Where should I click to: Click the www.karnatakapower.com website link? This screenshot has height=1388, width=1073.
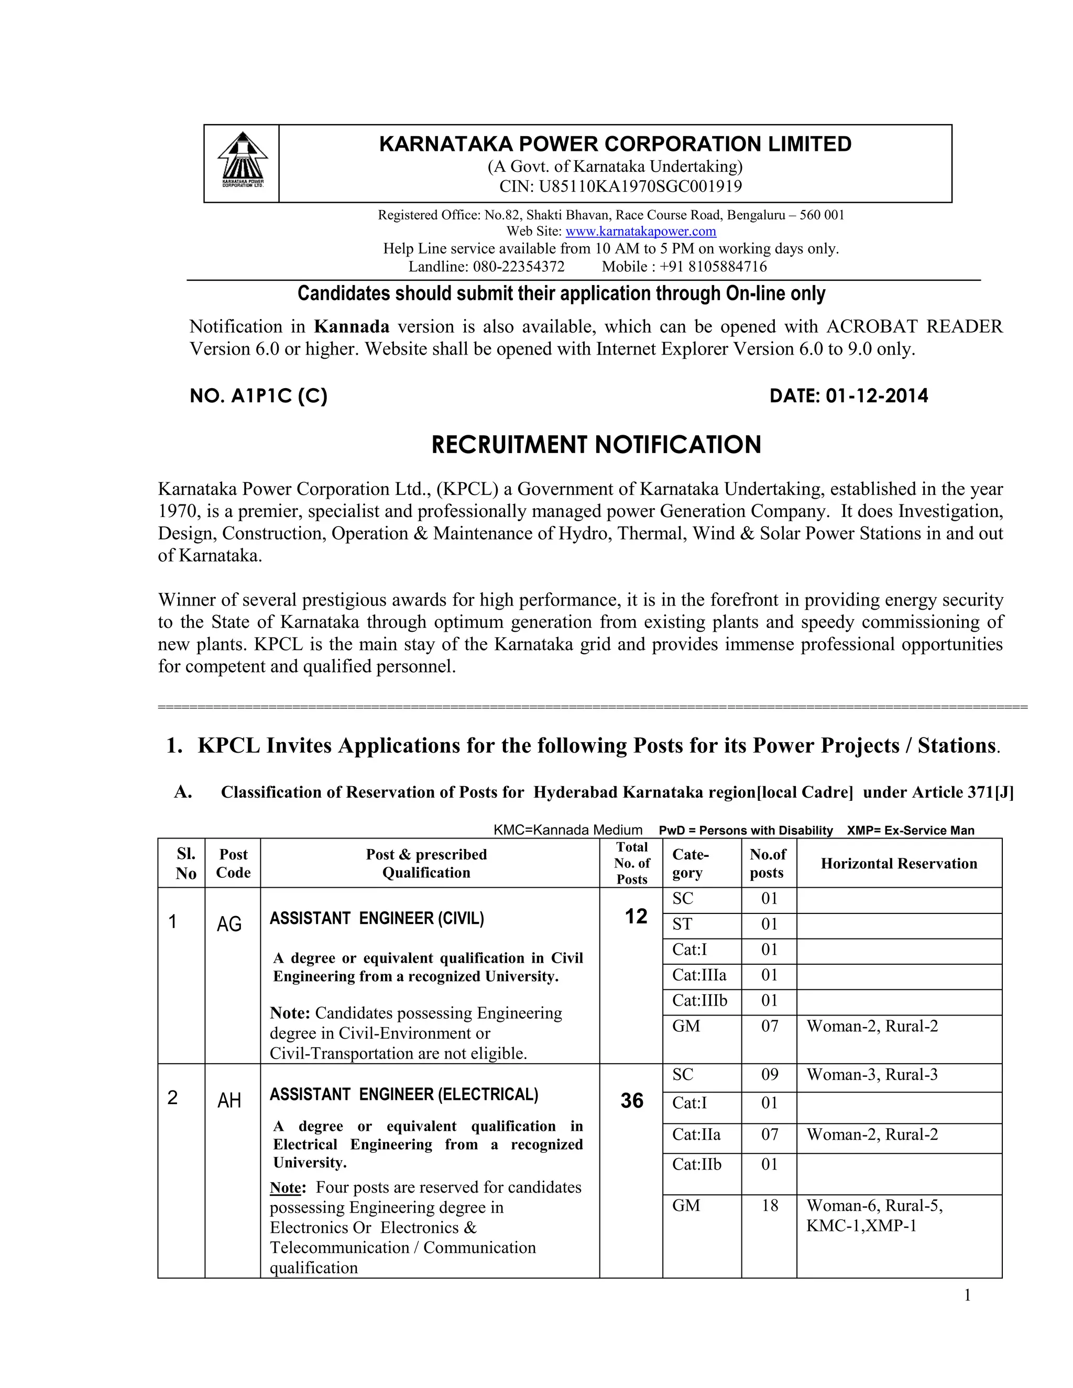pos(640,232)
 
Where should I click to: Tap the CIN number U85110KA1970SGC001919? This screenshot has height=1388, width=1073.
pos(640,186)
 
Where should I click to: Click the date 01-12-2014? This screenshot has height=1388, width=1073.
pos(877,396)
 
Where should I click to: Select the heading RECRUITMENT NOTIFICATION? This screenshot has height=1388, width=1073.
pos(596,444)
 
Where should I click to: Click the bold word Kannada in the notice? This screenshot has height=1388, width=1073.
pos(352,327)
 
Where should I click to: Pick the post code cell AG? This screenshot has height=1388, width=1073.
pos(229,923)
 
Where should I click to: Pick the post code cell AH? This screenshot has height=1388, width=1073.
pos(229,1100)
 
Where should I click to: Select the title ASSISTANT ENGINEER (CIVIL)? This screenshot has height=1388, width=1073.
pos(377,918)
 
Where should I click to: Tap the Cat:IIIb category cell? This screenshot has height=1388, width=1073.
pos(699,1001)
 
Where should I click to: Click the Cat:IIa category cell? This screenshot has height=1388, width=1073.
pos(696,1134)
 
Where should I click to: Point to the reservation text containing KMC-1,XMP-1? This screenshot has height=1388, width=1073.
pos(861,1226)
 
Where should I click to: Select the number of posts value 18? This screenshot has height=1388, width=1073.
pos(769,1206)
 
